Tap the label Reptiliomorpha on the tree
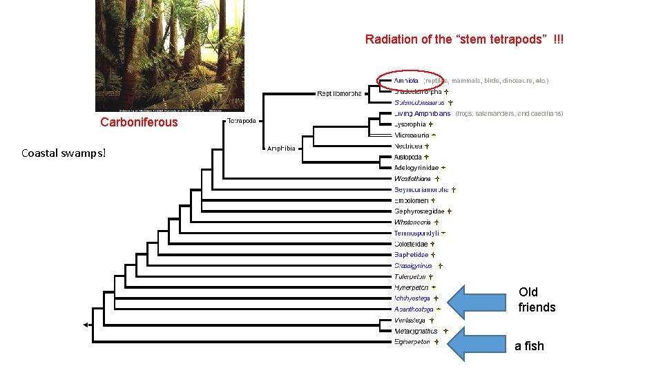339,93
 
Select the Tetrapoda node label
242,121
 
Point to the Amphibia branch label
281,148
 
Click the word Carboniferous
139,122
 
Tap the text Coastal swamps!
64,152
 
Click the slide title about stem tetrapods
464,39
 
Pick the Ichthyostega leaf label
412,298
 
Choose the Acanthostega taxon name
414,309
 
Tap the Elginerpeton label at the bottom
412,342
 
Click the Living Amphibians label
422,113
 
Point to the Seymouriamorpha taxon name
421,189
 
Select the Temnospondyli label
416,233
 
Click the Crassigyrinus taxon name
413,265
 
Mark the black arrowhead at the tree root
86,325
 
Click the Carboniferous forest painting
155,55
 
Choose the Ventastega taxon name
410,321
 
